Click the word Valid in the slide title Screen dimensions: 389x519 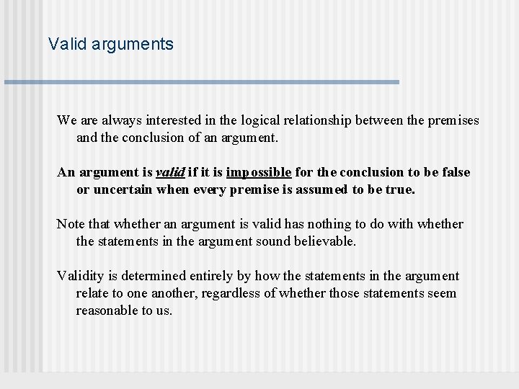tap(64, 45)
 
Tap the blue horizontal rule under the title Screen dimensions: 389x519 tap(202, 82)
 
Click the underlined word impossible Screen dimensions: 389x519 tap(258, 173)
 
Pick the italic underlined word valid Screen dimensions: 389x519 tap(171, 172)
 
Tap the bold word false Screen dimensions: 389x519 tap(455, 172)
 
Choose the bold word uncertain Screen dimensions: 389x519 tap(119, 189)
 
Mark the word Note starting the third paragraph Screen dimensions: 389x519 tap(70, 224)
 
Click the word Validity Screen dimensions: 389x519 tap(81, 276)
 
